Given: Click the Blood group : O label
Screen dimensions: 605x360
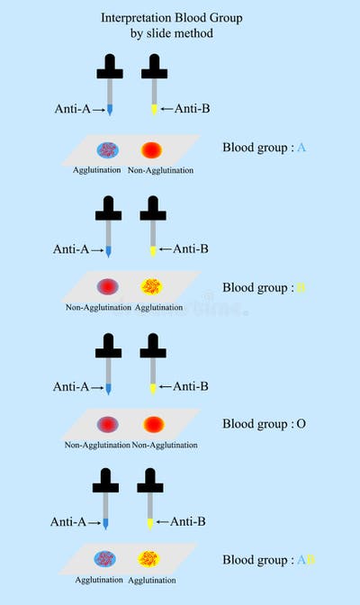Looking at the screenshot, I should pos(266,423).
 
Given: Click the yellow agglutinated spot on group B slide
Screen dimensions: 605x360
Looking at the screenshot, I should pos(151,287).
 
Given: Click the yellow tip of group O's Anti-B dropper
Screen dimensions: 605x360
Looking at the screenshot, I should pos(154,388).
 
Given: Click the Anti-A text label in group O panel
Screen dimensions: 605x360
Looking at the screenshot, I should pos(71,386).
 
